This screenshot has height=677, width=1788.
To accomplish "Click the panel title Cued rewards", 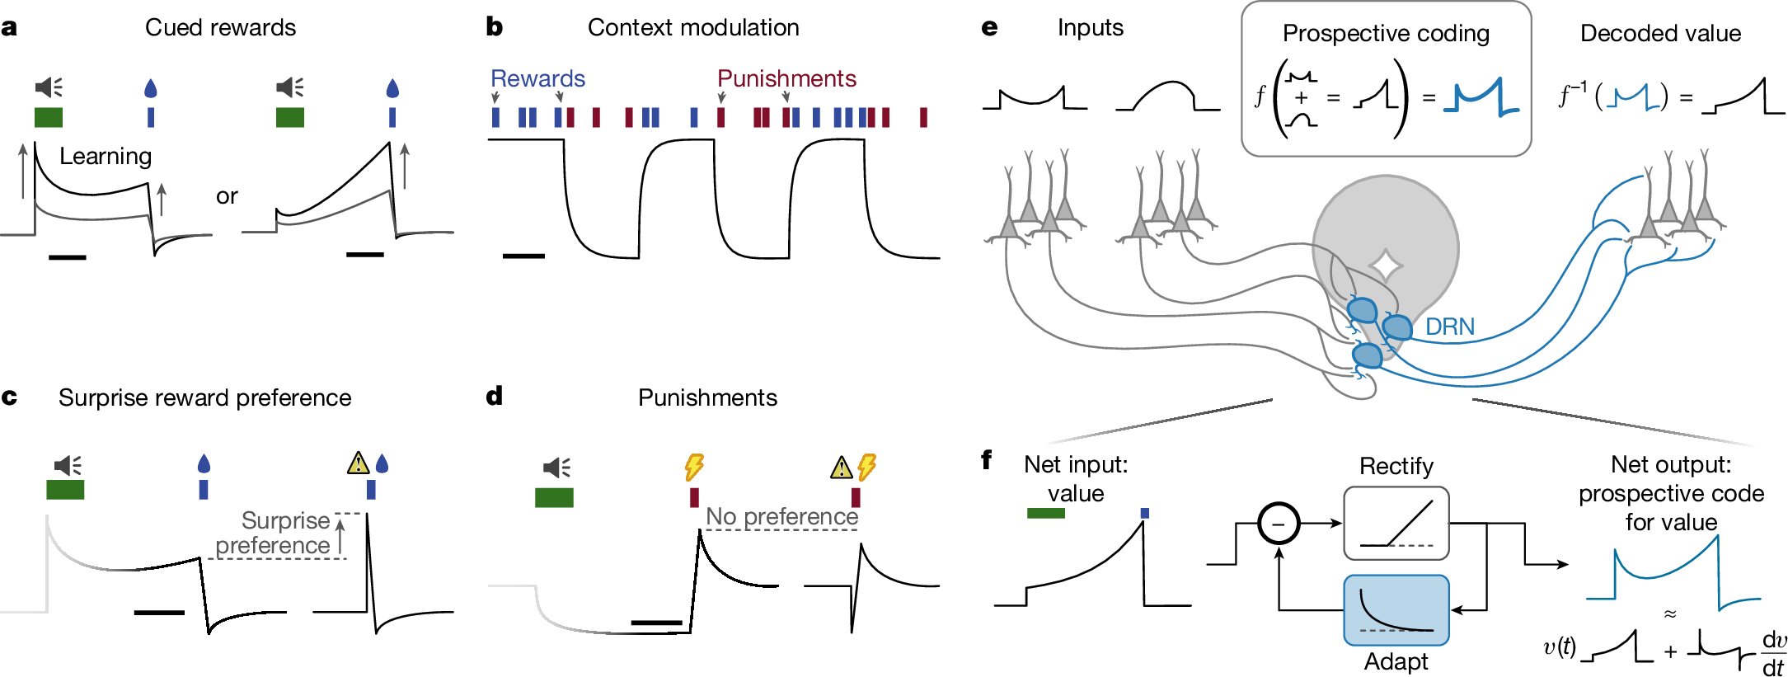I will [x=220, y=28].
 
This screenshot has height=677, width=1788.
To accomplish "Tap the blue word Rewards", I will [x=537, y=79].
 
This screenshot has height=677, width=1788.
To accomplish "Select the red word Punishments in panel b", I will [x=786, y=79].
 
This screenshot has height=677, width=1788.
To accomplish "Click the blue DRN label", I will [x=1449, y=327].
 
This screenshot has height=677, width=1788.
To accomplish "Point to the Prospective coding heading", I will [x=1386, y=34].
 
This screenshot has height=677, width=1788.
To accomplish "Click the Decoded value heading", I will [x=1660, y=34].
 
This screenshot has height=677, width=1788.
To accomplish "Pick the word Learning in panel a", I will [x=106, y=157].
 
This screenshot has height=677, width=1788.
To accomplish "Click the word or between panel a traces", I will [x=227, y=197].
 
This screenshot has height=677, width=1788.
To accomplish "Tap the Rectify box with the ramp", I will [x=1396, y=523].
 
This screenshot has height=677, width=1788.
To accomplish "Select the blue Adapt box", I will [x=1396, y=610].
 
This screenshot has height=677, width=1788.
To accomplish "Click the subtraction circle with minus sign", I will [x=1279, y=524].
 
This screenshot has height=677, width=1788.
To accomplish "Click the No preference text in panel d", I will [x=781, y=517].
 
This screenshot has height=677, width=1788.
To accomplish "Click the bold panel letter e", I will [x=989, y=29].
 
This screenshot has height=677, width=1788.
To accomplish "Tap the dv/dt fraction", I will [x=1773, y=654].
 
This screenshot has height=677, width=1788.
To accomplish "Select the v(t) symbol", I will [x=1559, y=648].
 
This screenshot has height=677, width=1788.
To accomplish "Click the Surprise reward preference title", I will [x=204, y=398].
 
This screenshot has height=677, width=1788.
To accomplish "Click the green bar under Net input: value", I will [x=1045, y=514].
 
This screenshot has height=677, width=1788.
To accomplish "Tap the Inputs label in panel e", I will [x=1090, y=28].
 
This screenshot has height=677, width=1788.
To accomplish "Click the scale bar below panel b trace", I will [x=523, y=256].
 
